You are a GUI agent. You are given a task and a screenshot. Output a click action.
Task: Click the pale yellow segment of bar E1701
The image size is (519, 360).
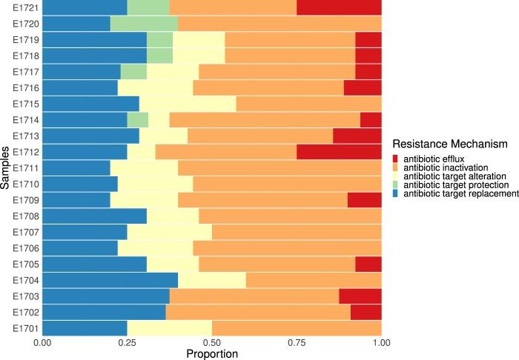[x=169, y=327]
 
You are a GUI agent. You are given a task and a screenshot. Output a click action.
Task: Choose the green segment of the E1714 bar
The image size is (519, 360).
[x=137, y=119]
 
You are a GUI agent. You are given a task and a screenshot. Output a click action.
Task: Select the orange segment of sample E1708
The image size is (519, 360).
[x=290, y=216]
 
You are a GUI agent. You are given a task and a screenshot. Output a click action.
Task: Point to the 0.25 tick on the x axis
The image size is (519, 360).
[x=127, y=344]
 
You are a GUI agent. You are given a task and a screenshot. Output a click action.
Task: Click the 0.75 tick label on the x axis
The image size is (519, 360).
[x=297, y=344]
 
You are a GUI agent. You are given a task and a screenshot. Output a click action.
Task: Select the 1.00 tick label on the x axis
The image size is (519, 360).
[x=381, y=344]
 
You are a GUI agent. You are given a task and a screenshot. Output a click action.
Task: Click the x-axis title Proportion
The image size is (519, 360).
[x=211, y=354]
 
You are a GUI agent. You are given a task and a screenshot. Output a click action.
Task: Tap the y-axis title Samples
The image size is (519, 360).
[x=6, y=167]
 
